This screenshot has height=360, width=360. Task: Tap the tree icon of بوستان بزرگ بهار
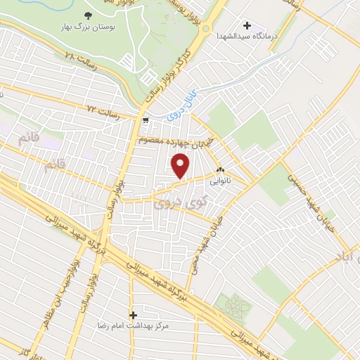click(88, 15)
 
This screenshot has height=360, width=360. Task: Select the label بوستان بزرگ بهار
click(88, 29)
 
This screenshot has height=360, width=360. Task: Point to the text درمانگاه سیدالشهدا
click(246, 35)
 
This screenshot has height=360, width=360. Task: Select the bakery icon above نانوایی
click(221, 169)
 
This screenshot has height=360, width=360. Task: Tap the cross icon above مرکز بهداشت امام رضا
click(133, 314)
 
